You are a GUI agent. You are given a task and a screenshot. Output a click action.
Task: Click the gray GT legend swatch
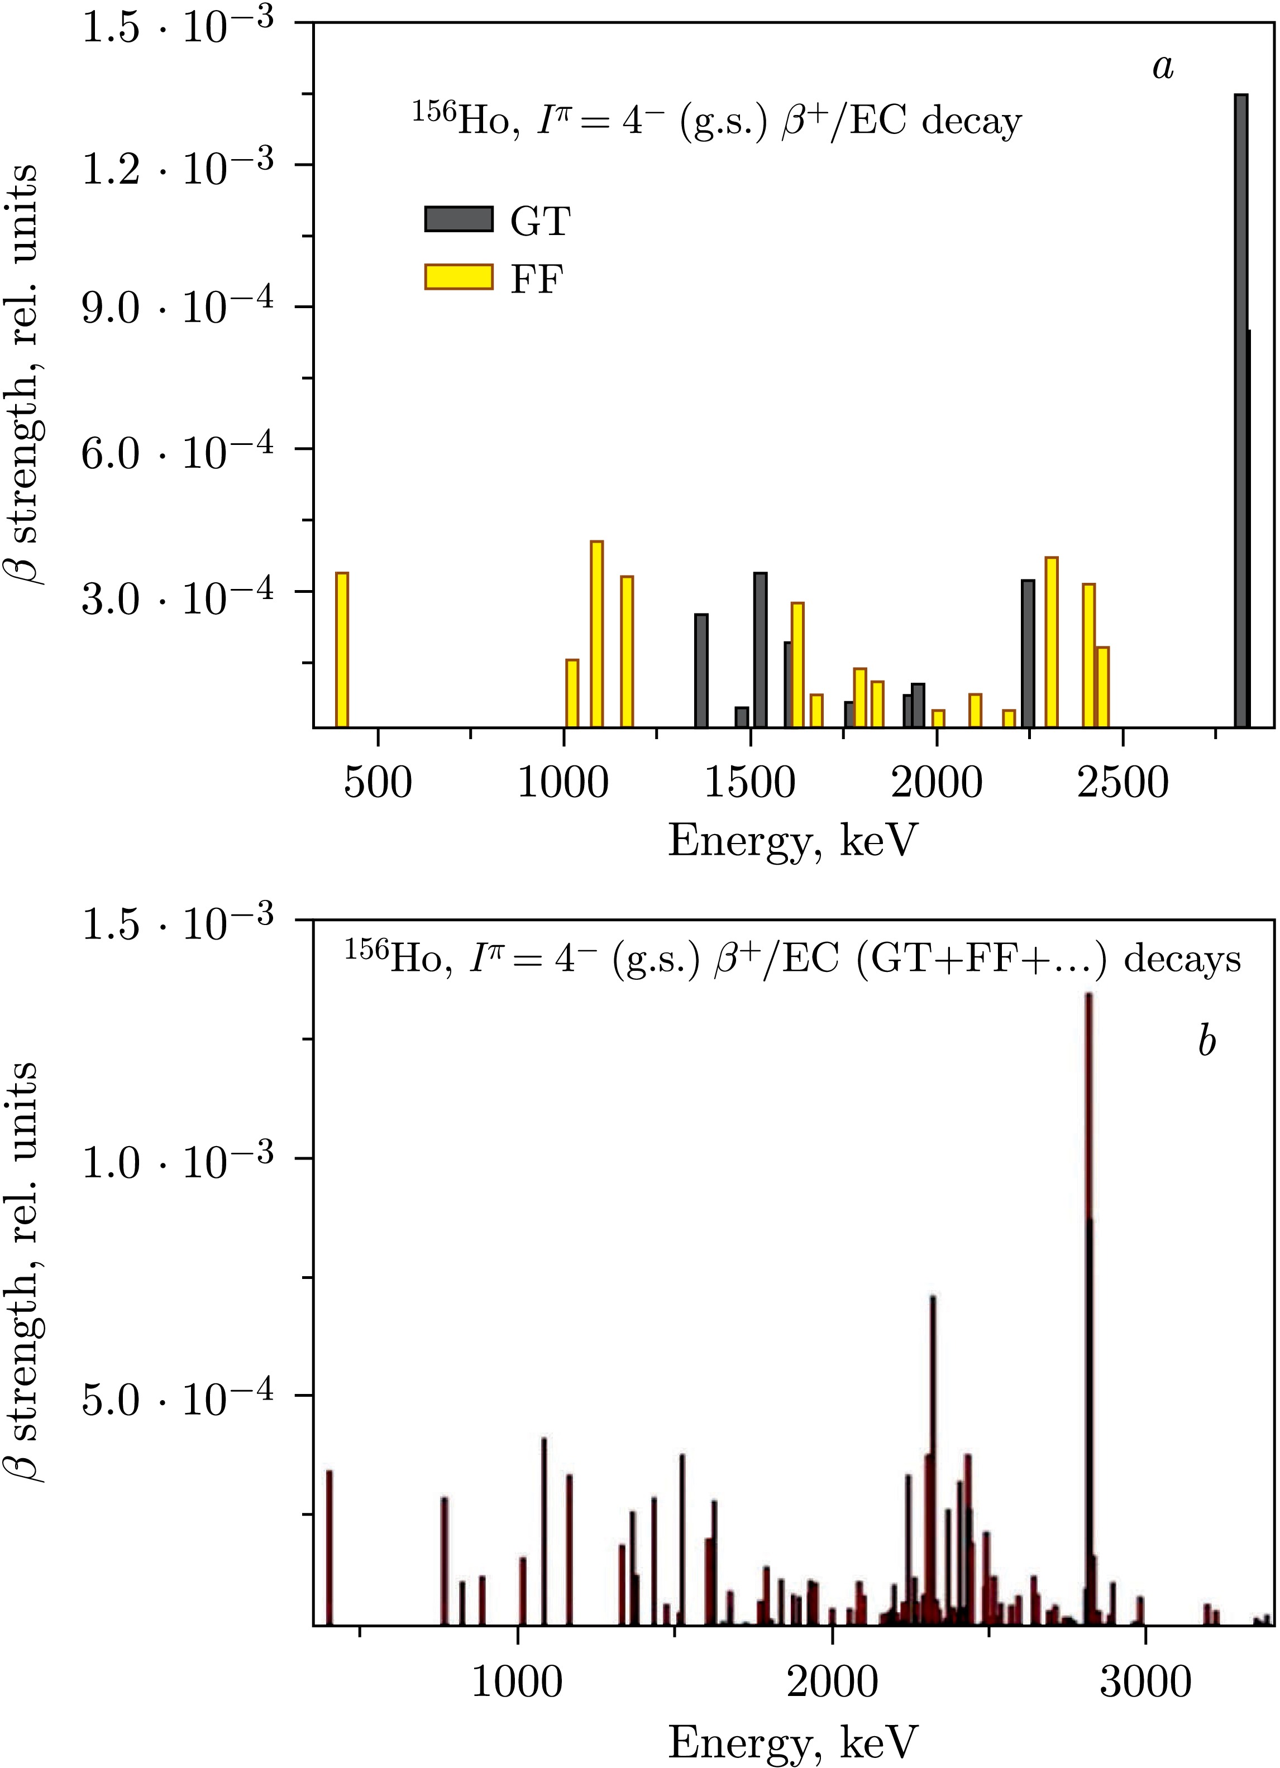[458, 219]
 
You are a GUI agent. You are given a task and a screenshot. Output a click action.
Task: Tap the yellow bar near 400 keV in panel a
[342, 649]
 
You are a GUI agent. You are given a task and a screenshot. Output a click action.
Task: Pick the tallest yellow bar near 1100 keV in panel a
[596, 634]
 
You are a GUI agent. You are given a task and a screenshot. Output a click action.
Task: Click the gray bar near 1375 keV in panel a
[701, 670]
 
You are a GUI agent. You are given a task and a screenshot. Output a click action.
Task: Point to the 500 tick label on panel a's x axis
[378, 782]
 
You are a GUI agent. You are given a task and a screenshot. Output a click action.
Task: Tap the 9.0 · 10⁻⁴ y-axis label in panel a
[177, 308]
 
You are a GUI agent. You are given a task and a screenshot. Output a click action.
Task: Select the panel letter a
[1163, 67]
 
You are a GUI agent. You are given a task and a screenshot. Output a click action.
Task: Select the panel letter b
[1207, 1042]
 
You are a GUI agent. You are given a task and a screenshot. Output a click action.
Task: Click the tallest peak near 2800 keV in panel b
[1089, 1247]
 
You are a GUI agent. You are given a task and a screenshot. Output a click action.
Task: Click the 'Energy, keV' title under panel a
[793, 842]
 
